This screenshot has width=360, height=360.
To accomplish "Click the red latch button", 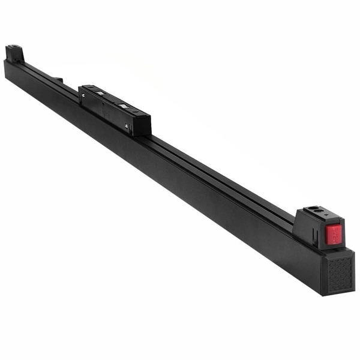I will point(333,234).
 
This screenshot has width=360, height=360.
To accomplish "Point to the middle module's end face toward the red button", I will point(143,124).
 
